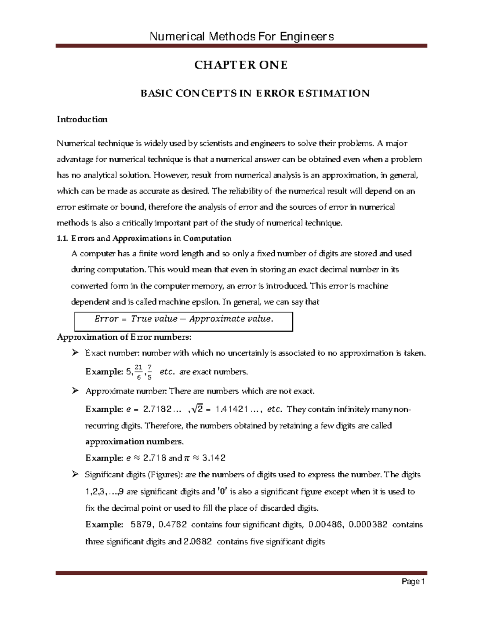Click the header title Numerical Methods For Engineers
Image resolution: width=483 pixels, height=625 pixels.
(242, 37)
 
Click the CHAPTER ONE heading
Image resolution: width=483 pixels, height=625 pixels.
(241, 65)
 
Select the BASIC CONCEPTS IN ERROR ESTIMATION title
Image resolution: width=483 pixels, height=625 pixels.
(254, 93)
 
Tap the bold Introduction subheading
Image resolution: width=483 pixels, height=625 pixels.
(82, 120)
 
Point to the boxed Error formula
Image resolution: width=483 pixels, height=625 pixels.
(184, 319)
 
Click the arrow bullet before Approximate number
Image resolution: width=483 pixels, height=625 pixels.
(74, 391)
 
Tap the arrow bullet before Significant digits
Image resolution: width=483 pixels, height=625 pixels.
(74, 475)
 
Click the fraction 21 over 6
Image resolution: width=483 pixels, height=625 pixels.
(139, 372)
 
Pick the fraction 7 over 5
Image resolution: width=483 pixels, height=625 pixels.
(150, 372)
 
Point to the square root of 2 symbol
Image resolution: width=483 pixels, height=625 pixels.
(198, 409)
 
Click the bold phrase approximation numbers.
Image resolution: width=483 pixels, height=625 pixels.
(134, 441)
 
